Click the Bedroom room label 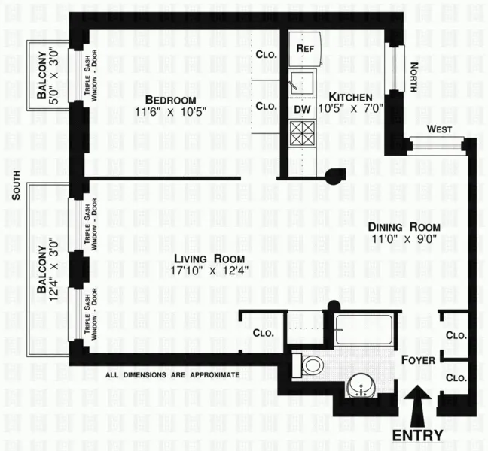170,101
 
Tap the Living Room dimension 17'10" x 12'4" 210,270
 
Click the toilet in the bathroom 309,365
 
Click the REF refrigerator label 304,48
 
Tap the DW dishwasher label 302,110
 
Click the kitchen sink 304,81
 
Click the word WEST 439,129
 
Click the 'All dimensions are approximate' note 172,374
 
